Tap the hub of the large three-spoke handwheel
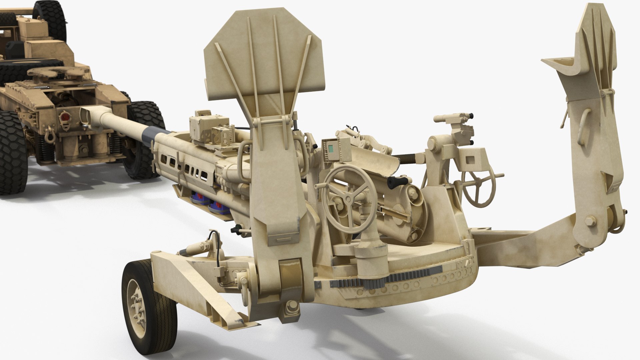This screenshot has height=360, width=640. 347,199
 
